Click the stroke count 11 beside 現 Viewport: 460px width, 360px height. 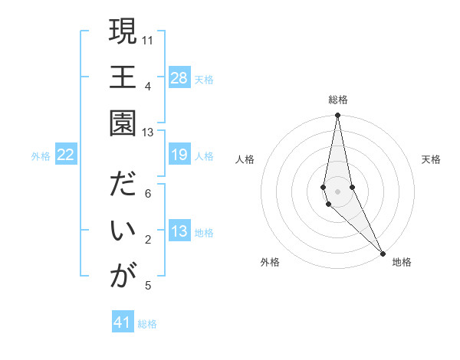point(148,39)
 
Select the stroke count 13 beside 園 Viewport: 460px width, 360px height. point(148,132)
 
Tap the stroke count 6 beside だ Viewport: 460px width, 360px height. point(148,194)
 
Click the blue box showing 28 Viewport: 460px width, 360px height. point(179,78)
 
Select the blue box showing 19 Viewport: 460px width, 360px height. point(179,155)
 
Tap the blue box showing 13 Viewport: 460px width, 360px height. point(179,232)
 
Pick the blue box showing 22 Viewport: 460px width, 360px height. point(66,155)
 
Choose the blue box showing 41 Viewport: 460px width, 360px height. point(123,322)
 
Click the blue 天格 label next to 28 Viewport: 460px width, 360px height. point(204,79)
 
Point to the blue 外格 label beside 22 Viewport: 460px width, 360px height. point(41,156)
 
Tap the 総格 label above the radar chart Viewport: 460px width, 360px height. point(337,100)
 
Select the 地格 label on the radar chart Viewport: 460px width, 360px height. point(402,263)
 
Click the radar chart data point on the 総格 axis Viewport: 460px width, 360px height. point(337,116)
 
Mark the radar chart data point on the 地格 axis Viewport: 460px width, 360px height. point(383,253)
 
